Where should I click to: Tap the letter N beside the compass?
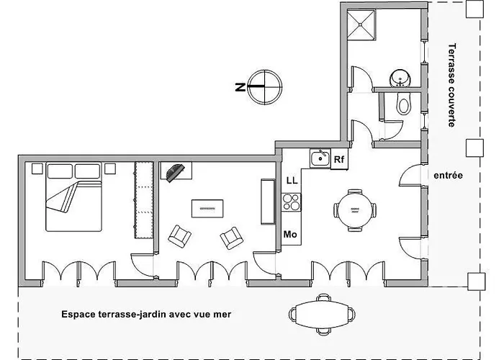(240, 87)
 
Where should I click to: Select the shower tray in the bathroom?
(361, 24)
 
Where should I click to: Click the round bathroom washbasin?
(400, 78)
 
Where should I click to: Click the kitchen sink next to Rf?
(320, 158)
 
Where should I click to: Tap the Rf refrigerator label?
(339, 159)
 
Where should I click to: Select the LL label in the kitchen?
(292, 180)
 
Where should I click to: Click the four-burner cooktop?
(291, 202)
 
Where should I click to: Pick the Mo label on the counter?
(290, 234)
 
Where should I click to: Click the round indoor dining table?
(355, 210)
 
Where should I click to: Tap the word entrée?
(448, 176)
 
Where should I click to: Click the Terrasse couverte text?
(451, 85)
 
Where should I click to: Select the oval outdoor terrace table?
(322, 315)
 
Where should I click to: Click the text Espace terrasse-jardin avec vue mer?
(146, 314)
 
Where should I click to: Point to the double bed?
(74, 197)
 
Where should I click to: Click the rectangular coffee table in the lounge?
(207, 209)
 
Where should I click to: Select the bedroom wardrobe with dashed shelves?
(144, 200)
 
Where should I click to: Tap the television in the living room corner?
(176, 171)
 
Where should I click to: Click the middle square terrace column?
(474, 148)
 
